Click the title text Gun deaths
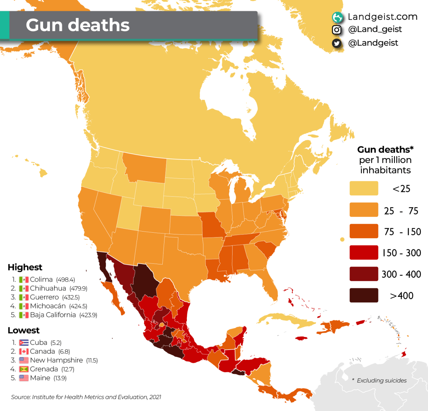(x=77, y=25)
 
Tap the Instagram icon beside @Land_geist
(x=337, y=30)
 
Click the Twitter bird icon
(x=337, y=43)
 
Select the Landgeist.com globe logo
(x=337, y=17)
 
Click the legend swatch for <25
(x=363, y=188)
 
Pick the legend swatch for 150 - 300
(x=363, y=253)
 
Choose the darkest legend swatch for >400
(x=363, y=295)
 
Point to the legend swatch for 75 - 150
(x=363, y=231)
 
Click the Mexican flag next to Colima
(x=24, y=280)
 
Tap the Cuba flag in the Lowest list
(x=24, y=343)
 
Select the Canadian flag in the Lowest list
(x=24, y=352)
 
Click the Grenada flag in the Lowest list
(x=24, y=369)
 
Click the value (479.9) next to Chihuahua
(x=78, y=289)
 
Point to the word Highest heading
(x=25, y=267)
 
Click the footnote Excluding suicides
(x=381, y=381)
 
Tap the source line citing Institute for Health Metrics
(x=86, y=397)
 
